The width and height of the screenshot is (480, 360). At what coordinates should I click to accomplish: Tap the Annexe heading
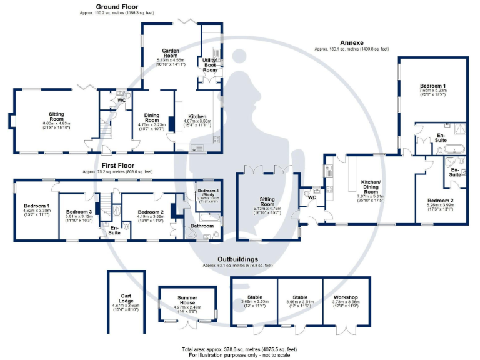(352, 42)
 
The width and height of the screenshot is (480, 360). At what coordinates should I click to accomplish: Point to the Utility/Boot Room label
(209, 64)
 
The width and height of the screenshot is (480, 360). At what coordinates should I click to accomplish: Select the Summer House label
(187, 299)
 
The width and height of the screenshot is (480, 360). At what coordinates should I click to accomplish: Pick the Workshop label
(344, 297)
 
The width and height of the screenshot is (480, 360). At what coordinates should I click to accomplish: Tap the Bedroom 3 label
(79, 212)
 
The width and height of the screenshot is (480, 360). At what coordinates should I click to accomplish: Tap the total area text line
(239, 349)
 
